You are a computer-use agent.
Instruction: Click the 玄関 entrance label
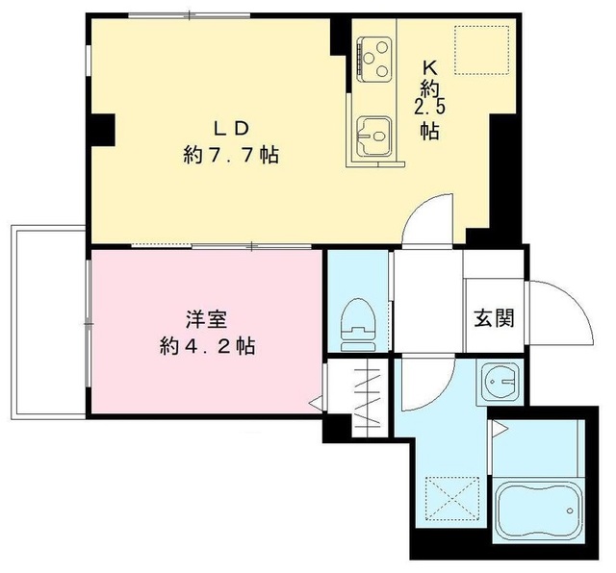tap(492, 317)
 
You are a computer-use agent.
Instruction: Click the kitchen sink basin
tap(371, 135)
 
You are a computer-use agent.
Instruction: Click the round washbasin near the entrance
tap(499, 383)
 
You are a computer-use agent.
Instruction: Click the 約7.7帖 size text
tap(231, 154)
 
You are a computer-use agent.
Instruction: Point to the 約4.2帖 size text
tap(206, 346)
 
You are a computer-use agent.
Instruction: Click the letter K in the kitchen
tap(430, 68)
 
